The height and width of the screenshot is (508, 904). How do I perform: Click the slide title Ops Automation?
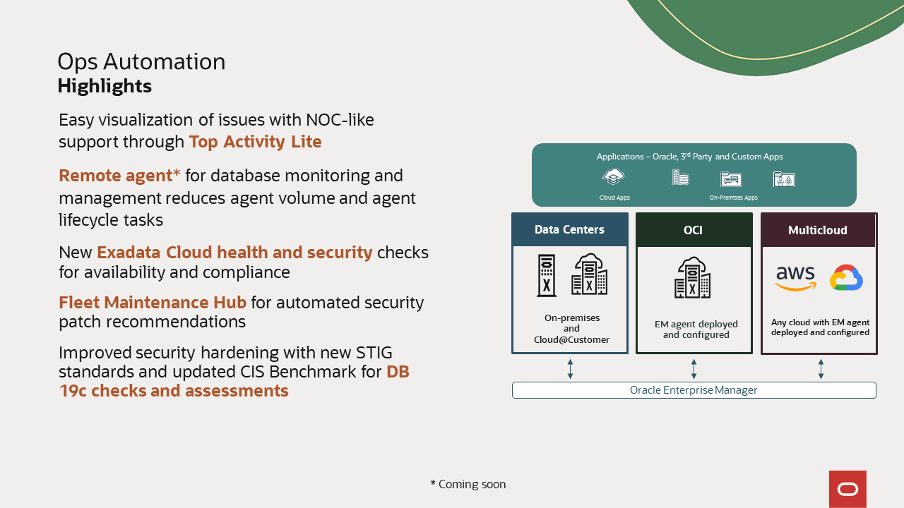click(x=141, y=62)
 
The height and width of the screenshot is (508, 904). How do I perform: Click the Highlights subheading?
click(x=105, y=86)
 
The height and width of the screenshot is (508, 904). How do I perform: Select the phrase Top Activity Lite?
click(x=255, y=142)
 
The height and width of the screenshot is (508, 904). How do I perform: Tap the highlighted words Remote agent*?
click(x=119, y=176)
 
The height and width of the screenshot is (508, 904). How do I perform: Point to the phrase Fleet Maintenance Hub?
click(x=153, y=303)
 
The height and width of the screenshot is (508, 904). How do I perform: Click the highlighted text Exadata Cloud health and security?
click(x=234, y=253)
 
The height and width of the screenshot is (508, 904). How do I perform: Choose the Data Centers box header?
click(x=569, y=230)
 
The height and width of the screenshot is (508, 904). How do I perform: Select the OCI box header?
click(x=693, y=230)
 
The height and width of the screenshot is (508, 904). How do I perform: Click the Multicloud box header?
click(x=818, y=230)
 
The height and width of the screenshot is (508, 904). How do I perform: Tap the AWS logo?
click(x=795, y=278)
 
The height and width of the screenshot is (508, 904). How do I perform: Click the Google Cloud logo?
click(x=846, y=278)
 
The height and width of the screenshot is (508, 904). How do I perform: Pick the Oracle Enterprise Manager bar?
click(x=694, y=390)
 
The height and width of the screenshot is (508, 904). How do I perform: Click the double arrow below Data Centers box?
click(x=570, y=368)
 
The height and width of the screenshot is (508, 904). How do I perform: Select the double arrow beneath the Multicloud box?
click(x=821, y=368)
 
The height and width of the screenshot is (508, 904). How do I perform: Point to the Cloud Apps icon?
click(x=613, y=177)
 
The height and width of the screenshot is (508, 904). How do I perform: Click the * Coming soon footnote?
click(x=468, y=485)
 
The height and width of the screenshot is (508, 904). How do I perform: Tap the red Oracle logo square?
click(x=847, y=489)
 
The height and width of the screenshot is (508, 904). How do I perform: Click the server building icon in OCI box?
click(x=692, y=278)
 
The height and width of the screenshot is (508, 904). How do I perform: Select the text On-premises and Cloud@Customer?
click(x=571, y=329)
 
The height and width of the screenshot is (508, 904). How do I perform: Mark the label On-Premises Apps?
click(x=733, y=198)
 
